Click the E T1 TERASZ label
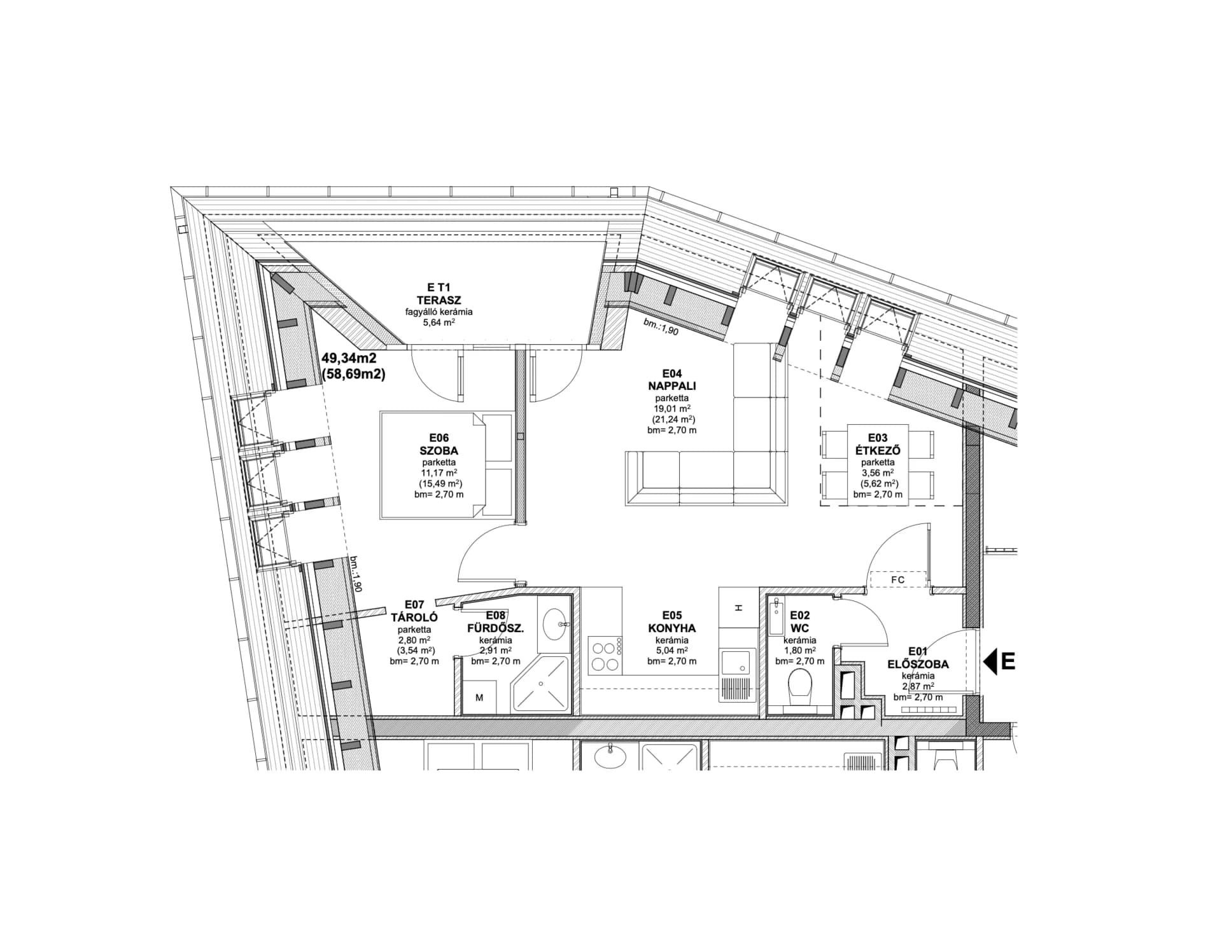coord(439,293)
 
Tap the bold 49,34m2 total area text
coord(349,359)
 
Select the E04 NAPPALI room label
coord(671,380)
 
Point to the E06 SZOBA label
coord(439,445)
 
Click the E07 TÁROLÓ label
coord(414,611)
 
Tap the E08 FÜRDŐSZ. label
coord(495,622)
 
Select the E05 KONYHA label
coord(671,622)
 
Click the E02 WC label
coord(799,622)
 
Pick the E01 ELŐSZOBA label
coord(918,658)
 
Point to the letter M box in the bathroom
coord(479,697)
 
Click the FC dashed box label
coord(897,580)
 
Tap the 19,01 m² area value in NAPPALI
coord(671,409)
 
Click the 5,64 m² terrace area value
coord(439,322)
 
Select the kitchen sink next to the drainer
coord(738,662)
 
